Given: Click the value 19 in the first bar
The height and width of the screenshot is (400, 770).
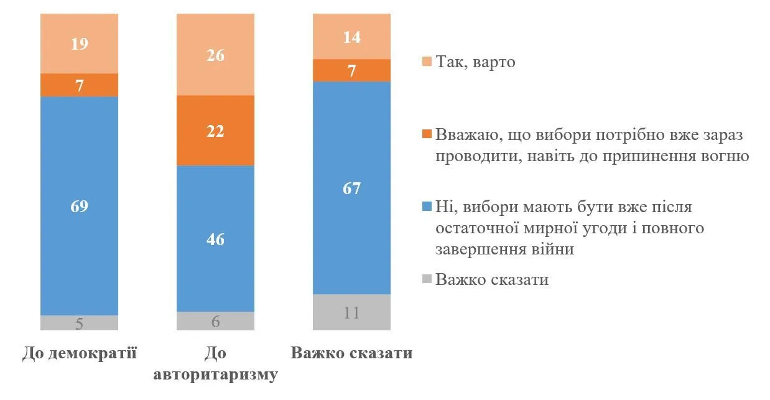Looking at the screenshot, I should click(79, 44).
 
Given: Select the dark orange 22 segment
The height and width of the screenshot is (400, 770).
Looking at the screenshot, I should click(215, 131).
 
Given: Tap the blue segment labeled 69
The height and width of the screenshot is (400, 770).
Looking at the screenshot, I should click(79, 206).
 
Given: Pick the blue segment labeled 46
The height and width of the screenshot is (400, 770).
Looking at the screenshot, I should click(215, 238).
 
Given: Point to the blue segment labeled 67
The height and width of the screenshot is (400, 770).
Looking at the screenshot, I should click(351, 188).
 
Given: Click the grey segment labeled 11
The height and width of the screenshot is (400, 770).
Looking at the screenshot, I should click(351, 312).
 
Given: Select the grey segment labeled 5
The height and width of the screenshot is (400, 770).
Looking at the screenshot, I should click(79, 323).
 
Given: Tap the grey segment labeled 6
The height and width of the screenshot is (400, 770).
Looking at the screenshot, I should click(215, 321).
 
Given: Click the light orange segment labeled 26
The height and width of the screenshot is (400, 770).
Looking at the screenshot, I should click(215, 55).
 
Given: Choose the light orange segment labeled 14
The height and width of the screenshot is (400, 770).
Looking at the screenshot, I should click(351, 37).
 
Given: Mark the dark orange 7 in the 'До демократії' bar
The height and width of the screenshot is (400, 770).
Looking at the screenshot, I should click(79, 85).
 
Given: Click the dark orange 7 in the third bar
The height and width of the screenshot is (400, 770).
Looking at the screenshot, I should click(351, 70).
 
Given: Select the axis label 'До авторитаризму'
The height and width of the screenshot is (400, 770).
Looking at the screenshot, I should click(215, 365).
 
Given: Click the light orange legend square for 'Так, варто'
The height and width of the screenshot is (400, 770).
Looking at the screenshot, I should click(426, 63).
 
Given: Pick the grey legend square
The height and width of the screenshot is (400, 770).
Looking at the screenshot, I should click(426, 280).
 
